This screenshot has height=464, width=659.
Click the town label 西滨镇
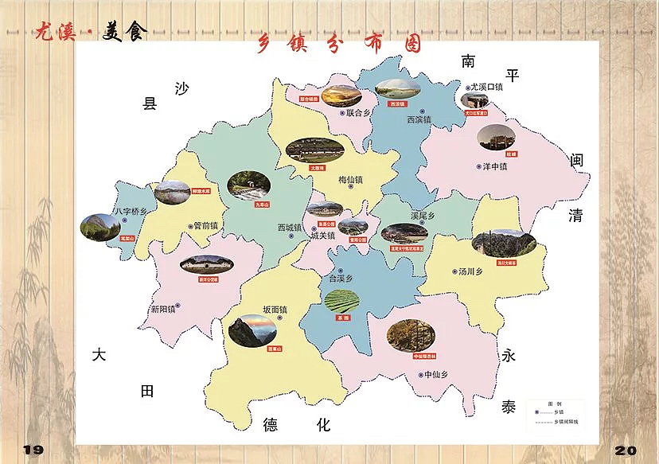(419, 119)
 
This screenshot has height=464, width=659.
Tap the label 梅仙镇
(350, 180)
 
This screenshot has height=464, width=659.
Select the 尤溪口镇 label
(487, 87)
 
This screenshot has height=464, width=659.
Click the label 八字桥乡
(132, 212)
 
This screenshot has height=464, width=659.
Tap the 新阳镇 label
(162, 308)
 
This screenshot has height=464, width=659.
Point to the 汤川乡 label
(470, 271)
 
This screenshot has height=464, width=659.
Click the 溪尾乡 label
(423, 216)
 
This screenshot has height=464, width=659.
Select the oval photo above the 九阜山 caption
(248, 185)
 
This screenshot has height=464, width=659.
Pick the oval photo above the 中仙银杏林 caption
(411, 334)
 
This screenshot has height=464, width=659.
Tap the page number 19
(32, 450)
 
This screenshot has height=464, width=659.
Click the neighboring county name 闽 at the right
(576, 160)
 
